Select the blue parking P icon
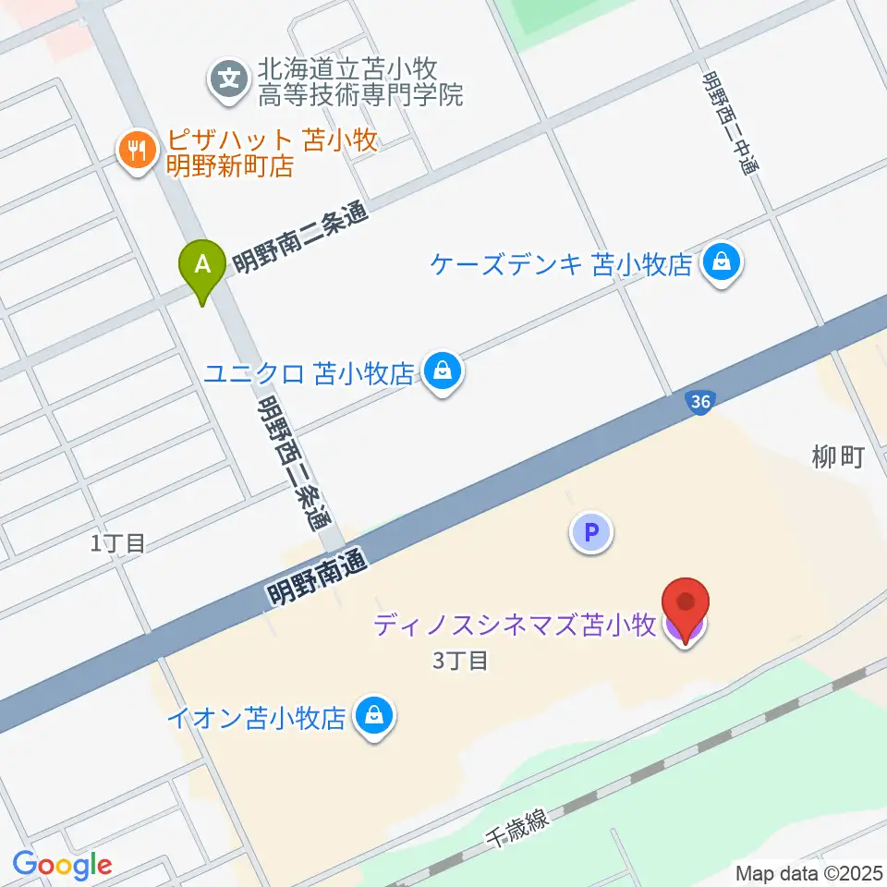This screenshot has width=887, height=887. coord(591,532)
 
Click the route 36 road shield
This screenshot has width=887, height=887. coord(699,402)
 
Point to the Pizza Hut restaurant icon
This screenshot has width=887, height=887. coord(139,151)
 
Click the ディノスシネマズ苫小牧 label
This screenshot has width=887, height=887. coord(515,627)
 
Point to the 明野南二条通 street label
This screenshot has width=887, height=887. coord(299,237)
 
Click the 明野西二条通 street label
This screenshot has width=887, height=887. coord(293,462)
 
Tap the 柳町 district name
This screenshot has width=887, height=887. coord(837,456)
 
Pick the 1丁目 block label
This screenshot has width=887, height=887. coord(117,543)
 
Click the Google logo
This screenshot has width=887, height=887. coord(62,864)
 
